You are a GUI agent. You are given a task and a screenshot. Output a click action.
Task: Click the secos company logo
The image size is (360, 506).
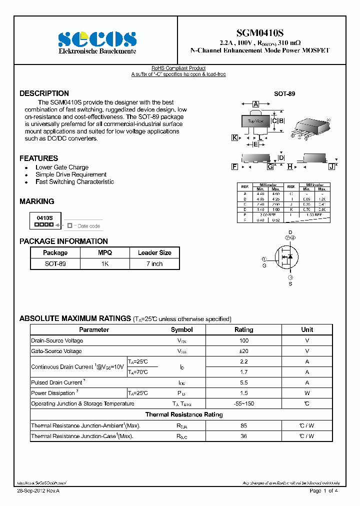(97, 39)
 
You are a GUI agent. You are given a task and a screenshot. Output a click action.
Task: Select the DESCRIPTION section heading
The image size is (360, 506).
(44, 93)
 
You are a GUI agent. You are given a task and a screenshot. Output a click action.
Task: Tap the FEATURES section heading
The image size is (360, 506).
(38, 158)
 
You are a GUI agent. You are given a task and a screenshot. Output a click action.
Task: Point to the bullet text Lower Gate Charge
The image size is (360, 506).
(62, 167)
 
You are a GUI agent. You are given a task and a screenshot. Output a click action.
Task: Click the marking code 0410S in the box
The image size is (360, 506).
(45, 218)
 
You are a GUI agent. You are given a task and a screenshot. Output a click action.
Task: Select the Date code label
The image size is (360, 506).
(88, 226)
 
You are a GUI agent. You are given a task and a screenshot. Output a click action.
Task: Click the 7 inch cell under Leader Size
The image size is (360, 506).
(154, 263)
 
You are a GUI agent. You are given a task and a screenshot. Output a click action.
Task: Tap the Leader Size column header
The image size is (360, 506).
(154, 253)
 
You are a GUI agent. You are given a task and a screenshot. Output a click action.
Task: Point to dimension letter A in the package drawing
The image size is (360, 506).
(255, 104)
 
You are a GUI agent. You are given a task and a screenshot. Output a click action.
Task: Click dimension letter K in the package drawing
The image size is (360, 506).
(234, 137)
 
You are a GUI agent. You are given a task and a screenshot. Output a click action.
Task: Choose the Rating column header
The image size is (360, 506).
(243, 330)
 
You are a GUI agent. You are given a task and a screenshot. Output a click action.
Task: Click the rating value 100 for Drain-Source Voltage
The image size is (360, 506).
(243, 340)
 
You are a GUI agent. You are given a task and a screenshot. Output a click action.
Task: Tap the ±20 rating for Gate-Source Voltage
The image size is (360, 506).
(243, 351)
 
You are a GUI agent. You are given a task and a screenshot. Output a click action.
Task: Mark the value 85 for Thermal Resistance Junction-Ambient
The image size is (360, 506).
(243, 425)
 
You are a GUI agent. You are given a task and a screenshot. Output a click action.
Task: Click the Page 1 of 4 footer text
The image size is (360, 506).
(324, 491)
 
